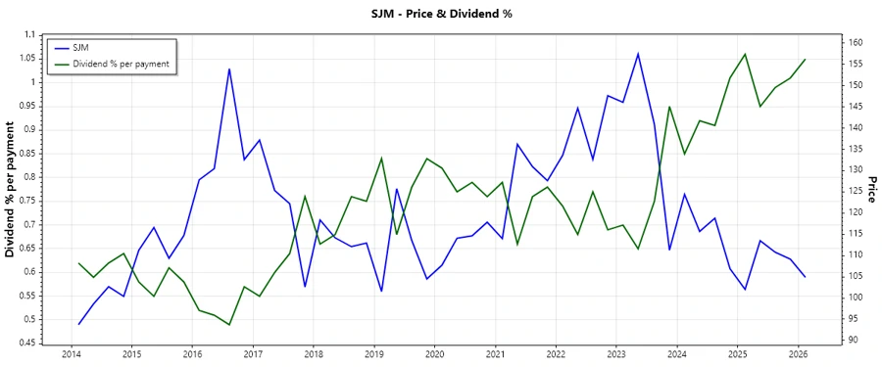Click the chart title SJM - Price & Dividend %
[441, 13]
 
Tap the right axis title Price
[870, 190]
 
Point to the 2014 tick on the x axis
[72, 354]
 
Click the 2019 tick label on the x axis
[373, 354]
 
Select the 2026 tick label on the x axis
[797, 354]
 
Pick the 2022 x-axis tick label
[556, 354]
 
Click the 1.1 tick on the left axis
[26, 34]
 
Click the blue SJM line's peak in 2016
[228, 69]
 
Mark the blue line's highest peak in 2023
[638, 53]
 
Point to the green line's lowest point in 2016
[228, 325]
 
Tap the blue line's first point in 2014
[78, 324]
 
